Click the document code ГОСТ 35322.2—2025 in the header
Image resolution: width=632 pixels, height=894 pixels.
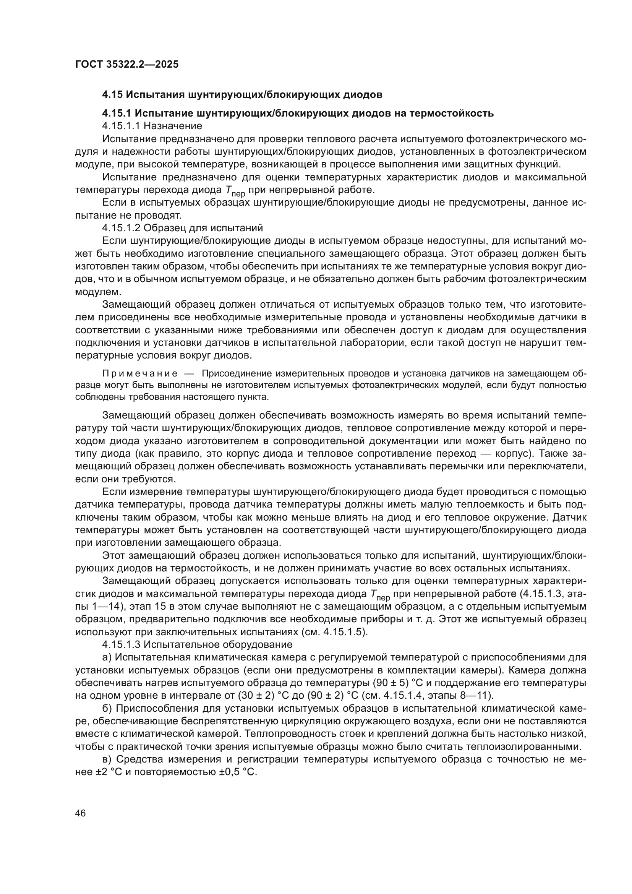point(126,65)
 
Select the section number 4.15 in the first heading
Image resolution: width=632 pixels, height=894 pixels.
point(112,95)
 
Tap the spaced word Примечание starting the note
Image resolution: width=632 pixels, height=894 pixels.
point(140,374)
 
